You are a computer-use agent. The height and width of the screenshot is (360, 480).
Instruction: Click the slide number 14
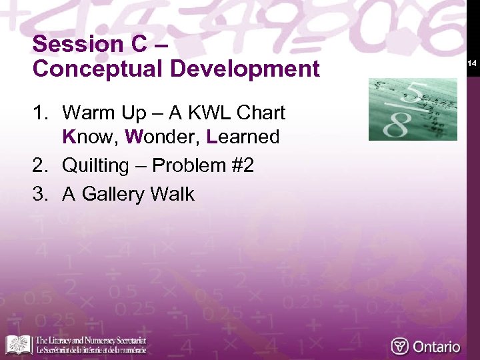point(471,63)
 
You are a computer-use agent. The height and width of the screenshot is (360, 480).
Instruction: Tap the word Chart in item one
point(261,113)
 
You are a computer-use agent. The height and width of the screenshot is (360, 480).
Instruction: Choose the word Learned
point(243,137)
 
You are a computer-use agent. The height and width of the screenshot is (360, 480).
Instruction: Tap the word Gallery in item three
point(113,194)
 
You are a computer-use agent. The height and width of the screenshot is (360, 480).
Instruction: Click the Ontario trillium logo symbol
point(400,346)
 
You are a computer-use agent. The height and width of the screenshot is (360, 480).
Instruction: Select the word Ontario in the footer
point(437,347)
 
